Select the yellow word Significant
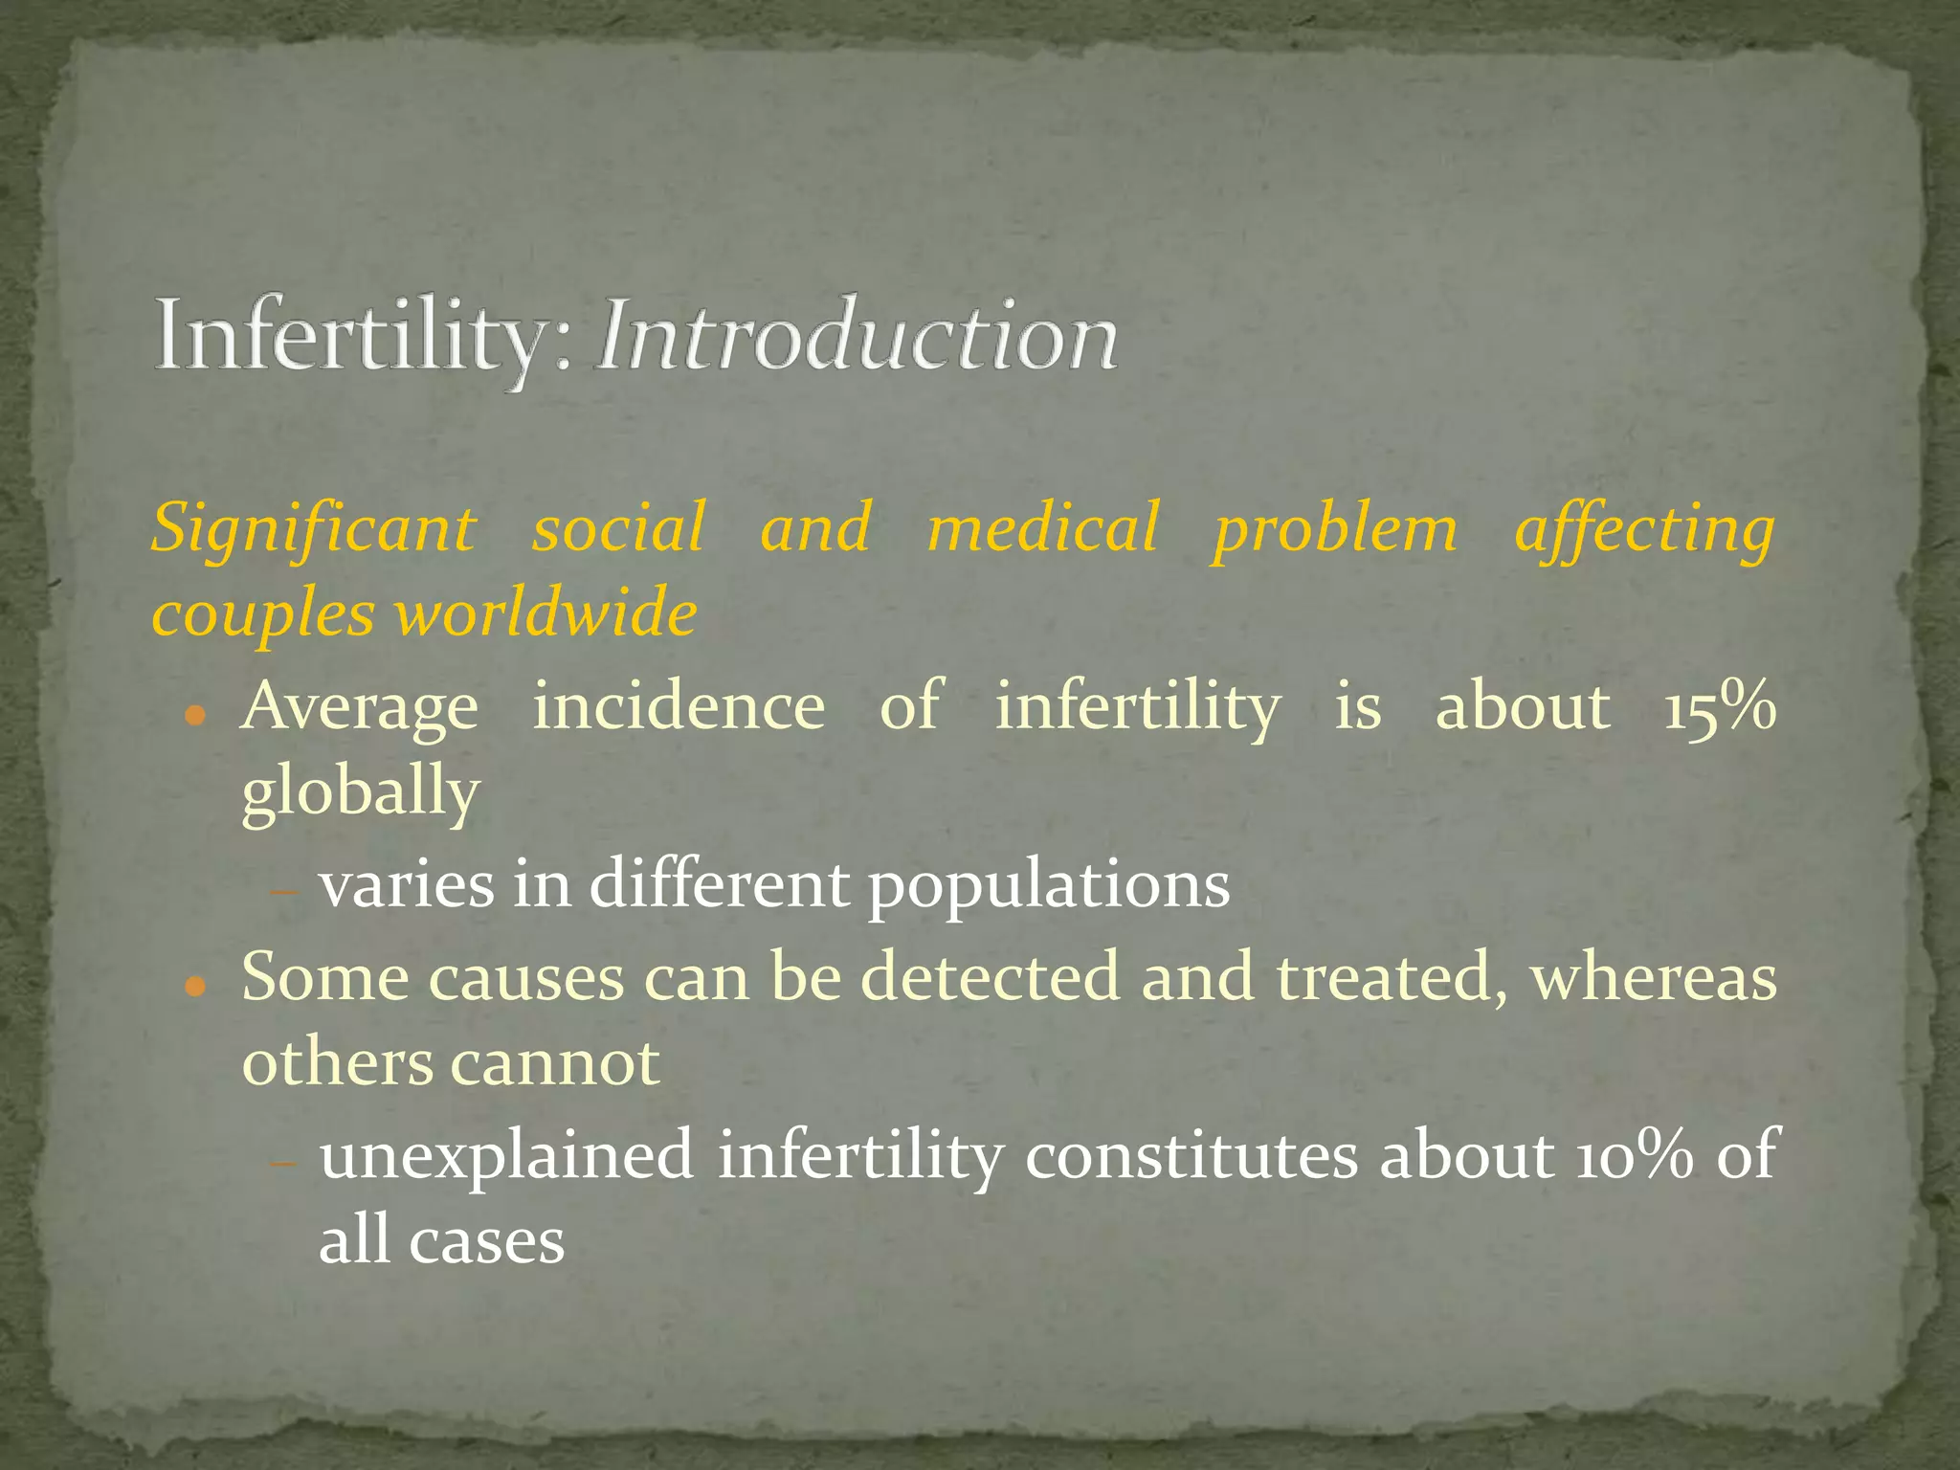pyautogui.click(x=314, y=529)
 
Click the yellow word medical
pyautogui.click(x=1042, y=529)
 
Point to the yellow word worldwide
pyautogui.click(x=546, y=613)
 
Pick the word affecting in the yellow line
pyautogui.click(x=1644, y=529)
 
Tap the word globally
pyautogui.click(x=360, y=793)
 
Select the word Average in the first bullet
pyautogui.click(x=360, y=707)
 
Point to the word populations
pyautogui.click(x=1049, y=885)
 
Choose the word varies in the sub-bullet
pyautogui.click(x=407, y=885)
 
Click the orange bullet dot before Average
pyautogui.click(x=195, y=715)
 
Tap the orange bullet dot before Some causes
pyautogui.click(x=195, y=987)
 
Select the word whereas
pyautogui.click(x=1654, y=978)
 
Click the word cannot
pyautogui.click(x=554, y=1062)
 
